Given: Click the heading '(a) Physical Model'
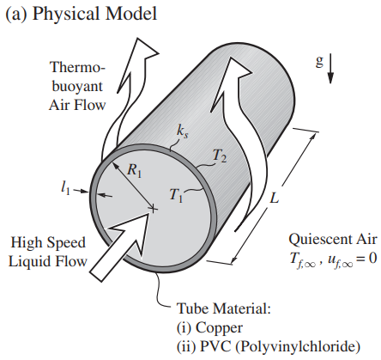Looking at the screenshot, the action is click(82, 14).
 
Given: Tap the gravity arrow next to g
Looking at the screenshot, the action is click(330, 68).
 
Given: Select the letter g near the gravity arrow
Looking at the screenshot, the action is click(319, 61).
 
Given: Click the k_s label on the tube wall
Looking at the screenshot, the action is click(183, 132).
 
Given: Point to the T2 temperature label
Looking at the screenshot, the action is click(220, 156).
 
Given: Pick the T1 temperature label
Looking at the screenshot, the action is click(176, 195).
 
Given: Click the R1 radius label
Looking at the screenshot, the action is click(134, 170).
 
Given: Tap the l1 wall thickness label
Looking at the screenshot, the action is click(65, 188).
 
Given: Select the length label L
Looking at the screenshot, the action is click(274, 198).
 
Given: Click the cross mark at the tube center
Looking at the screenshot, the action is click(154, 209).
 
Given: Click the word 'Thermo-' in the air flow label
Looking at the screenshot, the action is click(78, 68).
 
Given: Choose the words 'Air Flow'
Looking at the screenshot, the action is click(77, 105).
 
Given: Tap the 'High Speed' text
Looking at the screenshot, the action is click(48, 243).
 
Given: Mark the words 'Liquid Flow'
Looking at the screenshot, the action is click(47, 261).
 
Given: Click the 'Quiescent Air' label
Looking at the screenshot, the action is click(333, 240).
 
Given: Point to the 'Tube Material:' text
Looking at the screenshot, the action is click(224, 308).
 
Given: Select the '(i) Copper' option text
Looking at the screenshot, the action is click(209, 328).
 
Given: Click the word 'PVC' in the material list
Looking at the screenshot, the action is click(215, 346).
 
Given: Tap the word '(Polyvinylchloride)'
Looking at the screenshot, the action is click(298, 347).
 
